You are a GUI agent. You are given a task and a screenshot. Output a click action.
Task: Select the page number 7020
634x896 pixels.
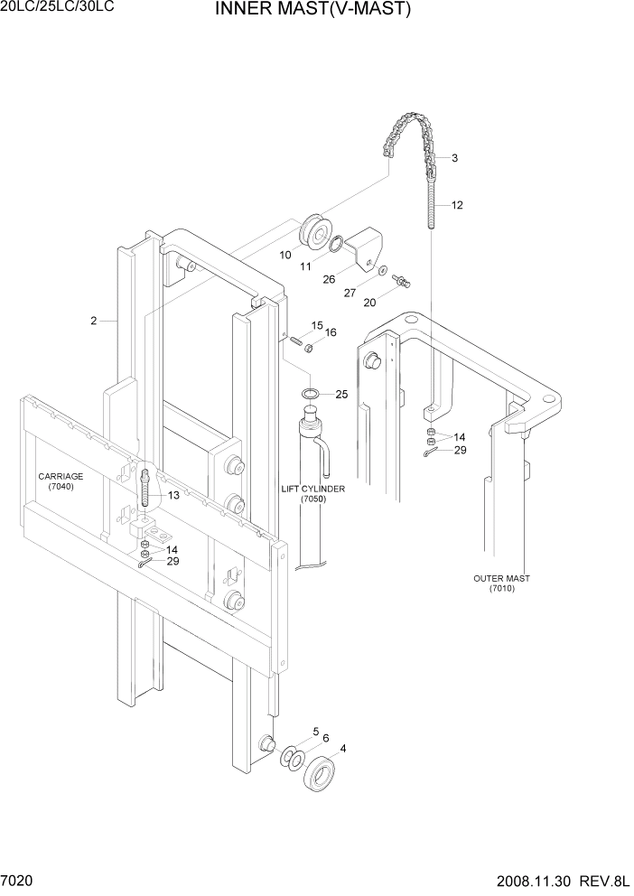pos(19,880)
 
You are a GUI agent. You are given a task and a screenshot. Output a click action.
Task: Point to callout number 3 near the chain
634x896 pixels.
pos(454,158)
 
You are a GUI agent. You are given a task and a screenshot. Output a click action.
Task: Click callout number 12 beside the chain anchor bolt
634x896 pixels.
pos(457,205)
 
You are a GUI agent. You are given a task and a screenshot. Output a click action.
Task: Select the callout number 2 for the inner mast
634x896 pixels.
pos(93,320)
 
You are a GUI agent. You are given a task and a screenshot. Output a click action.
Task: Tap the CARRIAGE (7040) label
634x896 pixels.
pos(61,481)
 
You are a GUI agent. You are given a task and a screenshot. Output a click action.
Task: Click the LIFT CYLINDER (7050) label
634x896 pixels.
pos(312,493)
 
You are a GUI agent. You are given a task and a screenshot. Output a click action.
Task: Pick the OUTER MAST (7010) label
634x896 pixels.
pos(501,583)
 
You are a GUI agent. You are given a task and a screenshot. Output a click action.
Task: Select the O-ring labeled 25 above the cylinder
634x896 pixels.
pos(310,394)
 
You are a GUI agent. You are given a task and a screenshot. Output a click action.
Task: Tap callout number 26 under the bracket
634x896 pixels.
pos(331,279)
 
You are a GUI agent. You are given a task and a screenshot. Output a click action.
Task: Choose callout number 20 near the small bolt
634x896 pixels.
pos(370,303)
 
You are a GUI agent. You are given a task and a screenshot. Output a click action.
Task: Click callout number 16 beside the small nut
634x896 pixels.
pos(331,332)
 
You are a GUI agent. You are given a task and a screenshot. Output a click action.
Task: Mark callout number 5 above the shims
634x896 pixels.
pos(315,731)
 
